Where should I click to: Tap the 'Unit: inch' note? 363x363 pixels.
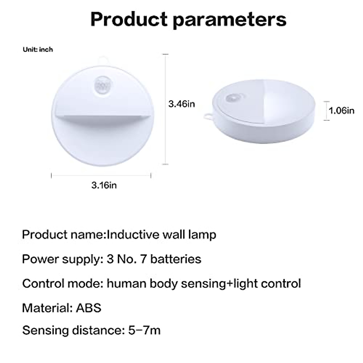coord(38,49)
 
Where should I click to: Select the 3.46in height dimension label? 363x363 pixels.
coord(181,104)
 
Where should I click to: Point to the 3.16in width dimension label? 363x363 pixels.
coord(104,185)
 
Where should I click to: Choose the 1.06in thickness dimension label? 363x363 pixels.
coord(342,110)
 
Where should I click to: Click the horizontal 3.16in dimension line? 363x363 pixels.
coord(101,175)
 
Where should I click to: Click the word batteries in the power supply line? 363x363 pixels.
coord(175,259)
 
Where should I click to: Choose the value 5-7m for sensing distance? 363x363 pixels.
coord(144,330)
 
